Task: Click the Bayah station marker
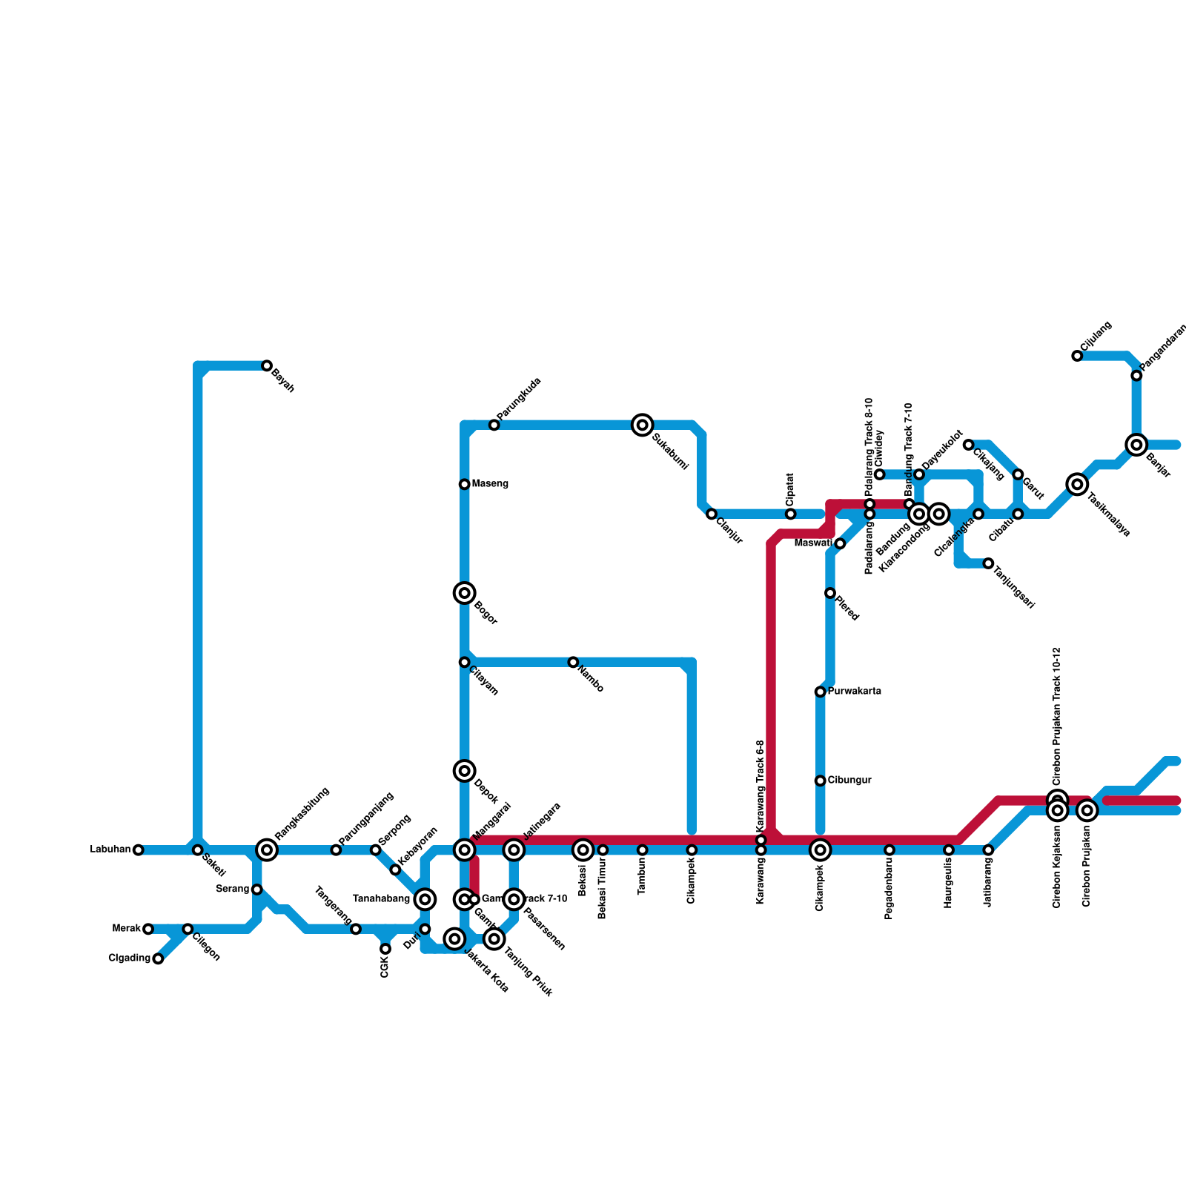pyautogui.click(x=267, y=365)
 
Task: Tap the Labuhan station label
pyautogui.click(x=110, y=849)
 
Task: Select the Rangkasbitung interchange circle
pyautogui.click(x=267, y=849)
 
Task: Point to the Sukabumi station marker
pyautogui.click(x=643, y=425)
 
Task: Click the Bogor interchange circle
pyautogui.click(x=464, y=593)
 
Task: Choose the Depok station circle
pyautogui.click(x=464, y=771)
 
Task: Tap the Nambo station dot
pyautogui.click(x=573, y=662)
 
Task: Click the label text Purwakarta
pyautogui.click(x=854, y=692)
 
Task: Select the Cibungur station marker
pyautogui.click(x=820, y=781)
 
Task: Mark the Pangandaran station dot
pyautogui.click(x=1136, y=376)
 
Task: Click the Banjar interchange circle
pyautogui.click(x=1136, y=445)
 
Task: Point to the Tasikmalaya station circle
pyautogui.click(x=1078, y=484)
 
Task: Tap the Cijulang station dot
pyautogui.click(x=1077, y=356)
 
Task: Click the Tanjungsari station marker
pyautogui.click(x=988, y=563)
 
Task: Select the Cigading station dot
pyautogui.click(x=158, y=958)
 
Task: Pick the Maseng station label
pyautogui.click(x=490, y=484)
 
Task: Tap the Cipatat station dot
pyautogui.click(x=790, y=514)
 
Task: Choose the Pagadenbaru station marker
pyautogui.click(x=889, y=849)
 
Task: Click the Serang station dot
pyautogui.click(x=256, y=889)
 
